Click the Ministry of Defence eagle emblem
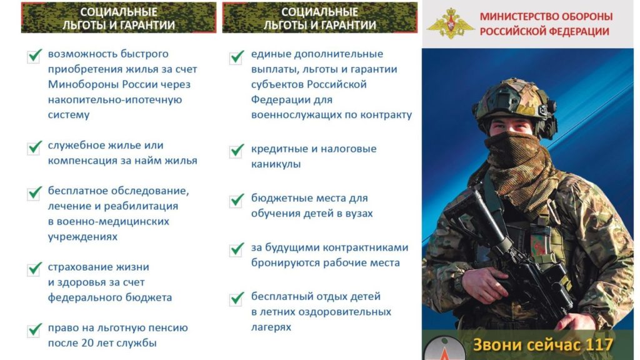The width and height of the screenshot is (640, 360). [451, 23]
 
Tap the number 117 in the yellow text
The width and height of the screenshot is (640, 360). [599, 345]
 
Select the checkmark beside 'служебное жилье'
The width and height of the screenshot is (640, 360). [35, 147]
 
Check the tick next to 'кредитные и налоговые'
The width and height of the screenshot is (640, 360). [237, 151]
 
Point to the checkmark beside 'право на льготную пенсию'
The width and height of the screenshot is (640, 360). [35, 330]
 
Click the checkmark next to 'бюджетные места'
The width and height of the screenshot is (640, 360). [237, 201]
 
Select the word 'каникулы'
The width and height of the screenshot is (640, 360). [276, 164]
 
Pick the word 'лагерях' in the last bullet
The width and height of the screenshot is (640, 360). [271, 327]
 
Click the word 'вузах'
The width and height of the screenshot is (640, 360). [358, 214]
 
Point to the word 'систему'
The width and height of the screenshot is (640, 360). [69, 115]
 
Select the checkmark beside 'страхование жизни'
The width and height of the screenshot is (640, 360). [35, 269]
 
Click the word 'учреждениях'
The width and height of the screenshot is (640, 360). [82, 237]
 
